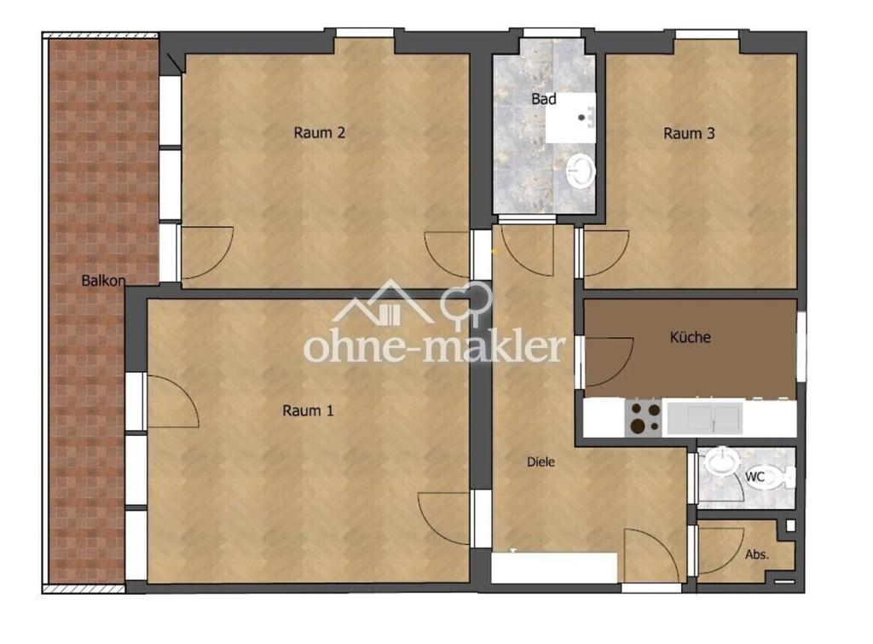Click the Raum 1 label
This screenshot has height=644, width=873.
308,411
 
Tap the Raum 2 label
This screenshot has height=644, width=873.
319,132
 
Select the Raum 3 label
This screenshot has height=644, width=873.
689,134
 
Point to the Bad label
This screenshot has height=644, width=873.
543,99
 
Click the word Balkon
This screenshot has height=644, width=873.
103,281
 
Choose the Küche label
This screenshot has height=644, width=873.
691,337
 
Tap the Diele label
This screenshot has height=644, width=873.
541,461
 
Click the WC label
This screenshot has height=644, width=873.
755,477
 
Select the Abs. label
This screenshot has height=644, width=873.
757,554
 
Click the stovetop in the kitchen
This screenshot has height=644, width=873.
645,418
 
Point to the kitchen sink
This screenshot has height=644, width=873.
705,419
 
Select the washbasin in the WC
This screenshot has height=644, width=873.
722,461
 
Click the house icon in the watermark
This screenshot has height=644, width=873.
384,303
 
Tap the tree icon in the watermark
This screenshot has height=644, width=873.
466,305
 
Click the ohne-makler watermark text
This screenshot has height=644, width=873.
434,346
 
